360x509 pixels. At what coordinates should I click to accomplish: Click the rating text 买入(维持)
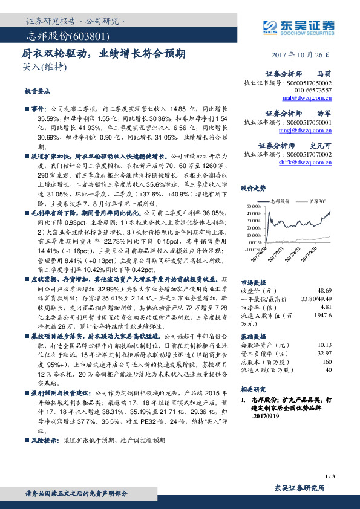click(36, 66)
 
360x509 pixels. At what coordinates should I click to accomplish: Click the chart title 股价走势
click(253, 187)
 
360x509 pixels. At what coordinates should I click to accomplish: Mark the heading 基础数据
click(252, 335)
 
